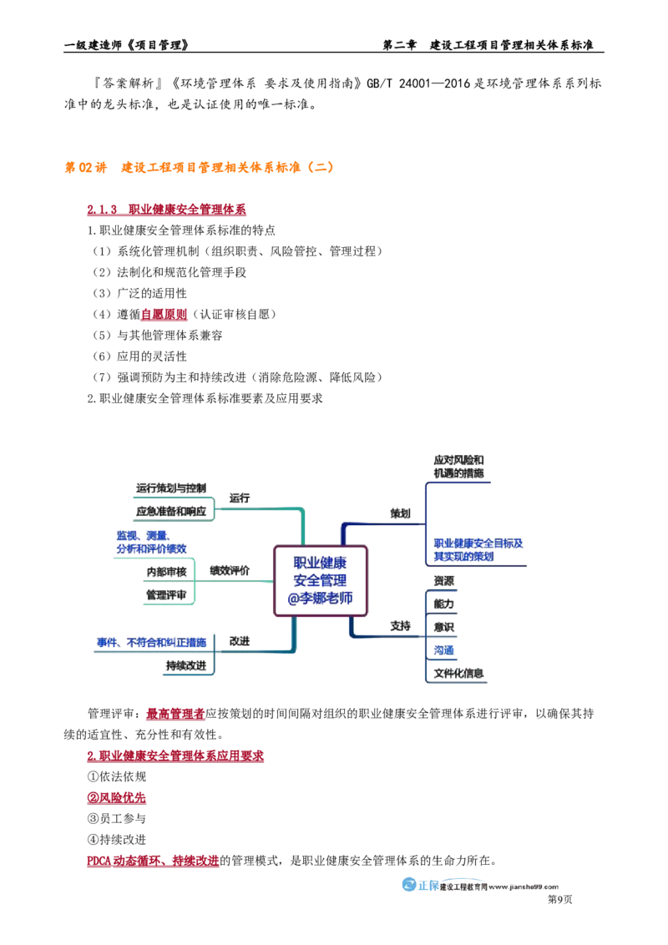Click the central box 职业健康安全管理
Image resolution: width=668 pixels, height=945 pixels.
[x=320, y=581]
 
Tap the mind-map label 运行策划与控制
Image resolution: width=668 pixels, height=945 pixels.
[x=171, y=488]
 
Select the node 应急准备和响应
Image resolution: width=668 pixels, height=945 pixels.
[x=171, y=512]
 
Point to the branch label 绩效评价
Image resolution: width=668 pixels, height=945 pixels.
[x=229, y=570]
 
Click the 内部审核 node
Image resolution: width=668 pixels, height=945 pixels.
[x=166, y=572]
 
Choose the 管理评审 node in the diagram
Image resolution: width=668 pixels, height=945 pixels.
[x=166, y=595]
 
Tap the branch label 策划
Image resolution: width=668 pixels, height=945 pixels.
[x=400, y=513]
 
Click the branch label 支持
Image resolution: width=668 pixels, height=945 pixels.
[x=400, y=626]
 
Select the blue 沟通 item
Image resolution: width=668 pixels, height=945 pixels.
[x=443, y=650]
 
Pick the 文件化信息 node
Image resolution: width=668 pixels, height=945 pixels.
[x=458, y=673]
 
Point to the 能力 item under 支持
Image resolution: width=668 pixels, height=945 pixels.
[x=443, y=604]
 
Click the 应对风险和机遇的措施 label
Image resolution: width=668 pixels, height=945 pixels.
[x=458, y=467]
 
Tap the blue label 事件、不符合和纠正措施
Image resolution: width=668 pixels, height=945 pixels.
[x=151, y=643]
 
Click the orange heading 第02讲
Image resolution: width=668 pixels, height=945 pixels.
[x=86, y=168]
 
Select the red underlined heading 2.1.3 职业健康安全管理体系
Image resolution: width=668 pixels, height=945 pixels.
[x=166, y=210]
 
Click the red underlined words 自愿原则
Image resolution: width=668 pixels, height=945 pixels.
[x=164, y=315]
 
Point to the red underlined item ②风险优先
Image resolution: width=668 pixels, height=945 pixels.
[x=116, y=798]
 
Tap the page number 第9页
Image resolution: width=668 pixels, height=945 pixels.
[x=559, y=900]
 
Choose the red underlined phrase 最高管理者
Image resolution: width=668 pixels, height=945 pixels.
[x=175, y=714]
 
